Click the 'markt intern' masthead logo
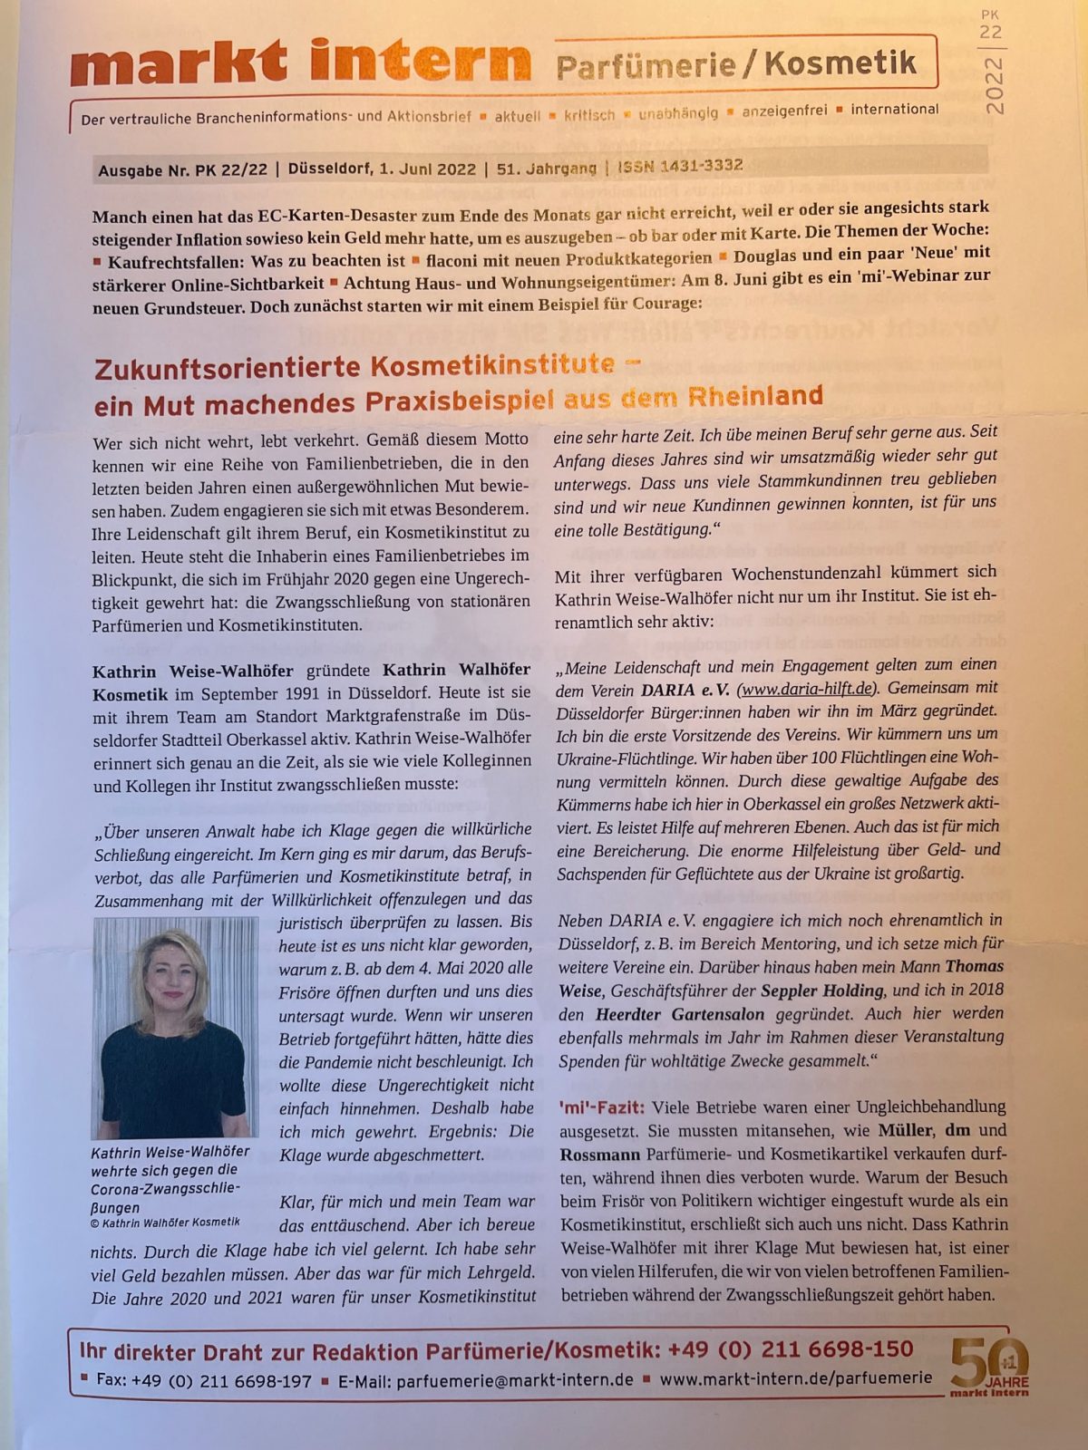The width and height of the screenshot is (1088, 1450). click(299, 64)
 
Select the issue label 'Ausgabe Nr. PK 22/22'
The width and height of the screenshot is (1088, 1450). click(182, 170)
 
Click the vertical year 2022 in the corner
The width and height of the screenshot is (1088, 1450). click(994, 86)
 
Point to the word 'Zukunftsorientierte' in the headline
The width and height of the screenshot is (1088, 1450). click(228, 369)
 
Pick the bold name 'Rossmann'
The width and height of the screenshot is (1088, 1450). click(599, 1155)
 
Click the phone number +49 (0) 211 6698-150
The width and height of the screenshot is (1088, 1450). click(790, 1349)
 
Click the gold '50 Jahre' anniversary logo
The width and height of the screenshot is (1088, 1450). click(989, 1366)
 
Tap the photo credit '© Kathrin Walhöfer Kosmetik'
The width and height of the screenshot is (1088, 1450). click(165, 1223)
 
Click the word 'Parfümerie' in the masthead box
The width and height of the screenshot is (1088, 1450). click(646, 65)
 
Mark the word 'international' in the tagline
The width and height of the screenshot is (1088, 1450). click(894, 110)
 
